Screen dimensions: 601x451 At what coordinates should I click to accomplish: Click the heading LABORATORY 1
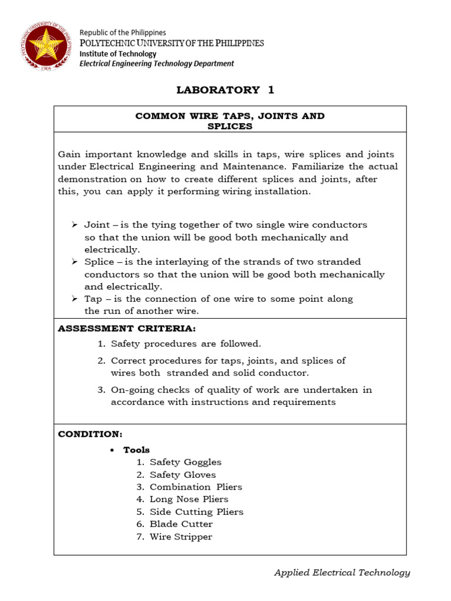225,90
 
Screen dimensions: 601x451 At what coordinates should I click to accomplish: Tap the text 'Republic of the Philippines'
123,33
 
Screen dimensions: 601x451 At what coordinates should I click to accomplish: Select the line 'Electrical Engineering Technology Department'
157,64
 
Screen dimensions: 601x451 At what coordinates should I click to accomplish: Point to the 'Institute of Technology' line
118,53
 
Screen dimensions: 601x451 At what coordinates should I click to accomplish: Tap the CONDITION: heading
90,434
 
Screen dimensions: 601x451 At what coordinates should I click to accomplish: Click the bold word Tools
136,450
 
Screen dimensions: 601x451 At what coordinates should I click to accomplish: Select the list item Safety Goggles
186,462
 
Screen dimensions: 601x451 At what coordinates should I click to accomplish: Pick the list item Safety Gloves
183,475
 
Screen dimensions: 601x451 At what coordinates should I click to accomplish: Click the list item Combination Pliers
196,487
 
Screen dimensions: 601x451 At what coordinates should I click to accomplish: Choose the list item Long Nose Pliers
189,499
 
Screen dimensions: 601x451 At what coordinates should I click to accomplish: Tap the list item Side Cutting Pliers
196,512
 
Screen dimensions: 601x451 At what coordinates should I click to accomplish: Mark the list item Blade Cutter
181,524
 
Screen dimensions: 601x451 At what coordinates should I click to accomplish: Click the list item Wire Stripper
181,536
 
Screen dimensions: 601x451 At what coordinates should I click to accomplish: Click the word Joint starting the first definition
96,225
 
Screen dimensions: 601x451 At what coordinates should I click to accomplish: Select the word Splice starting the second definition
99,262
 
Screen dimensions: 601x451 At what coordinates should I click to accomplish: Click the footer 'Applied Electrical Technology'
342,573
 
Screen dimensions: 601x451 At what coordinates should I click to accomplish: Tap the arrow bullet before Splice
75,262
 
